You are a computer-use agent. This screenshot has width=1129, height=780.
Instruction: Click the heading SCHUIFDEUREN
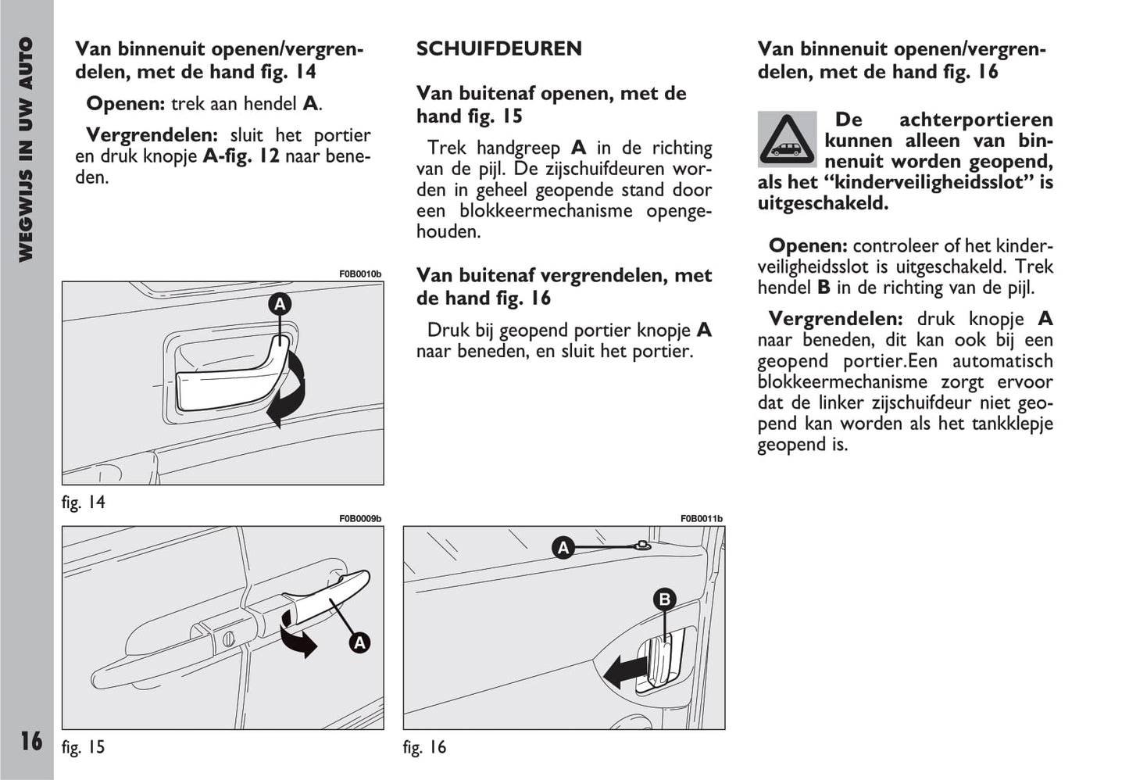[x=498, y=48]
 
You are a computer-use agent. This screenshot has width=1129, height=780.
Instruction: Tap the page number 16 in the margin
[x=31, y=740]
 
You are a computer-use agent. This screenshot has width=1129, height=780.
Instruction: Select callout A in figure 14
[x=280, y=304]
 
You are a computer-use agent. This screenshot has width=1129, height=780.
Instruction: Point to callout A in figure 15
[x=359, y=642]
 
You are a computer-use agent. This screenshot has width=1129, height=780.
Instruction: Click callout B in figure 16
[x=664, y=599]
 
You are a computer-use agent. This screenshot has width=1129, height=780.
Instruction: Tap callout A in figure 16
[x=563, y=548]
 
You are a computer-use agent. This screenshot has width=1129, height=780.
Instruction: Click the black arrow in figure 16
[x=624, y=671]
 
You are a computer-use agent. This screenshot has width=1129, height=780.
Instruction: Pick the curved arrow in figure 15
[x=298, y=635]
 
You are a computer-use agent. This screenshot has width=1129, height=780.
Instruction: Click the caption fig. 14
[x=83, y=503]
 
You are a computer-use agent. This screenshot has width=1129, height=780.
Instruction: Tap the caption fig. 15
[x=83, y=747]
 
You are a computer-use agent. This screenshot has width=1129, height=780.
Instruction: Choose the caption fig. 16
[x=424, y=747]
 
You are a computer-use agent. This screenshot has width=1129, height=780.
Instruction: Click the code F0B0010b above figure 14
[x=360, y=274]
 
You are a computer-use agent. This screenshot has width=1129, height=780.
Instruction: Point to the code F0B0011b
[x=702, y=519]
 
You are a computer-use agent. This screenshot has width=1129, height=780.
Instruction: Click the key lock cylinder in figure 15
[x=229, y=639]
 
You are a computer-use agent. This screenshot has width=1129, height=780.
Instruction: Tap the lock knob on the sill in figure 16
[x=642, y=546]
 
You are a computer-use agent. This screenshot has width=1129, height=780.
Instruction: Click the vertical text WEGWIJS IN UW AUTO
[x=26, y=148]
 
